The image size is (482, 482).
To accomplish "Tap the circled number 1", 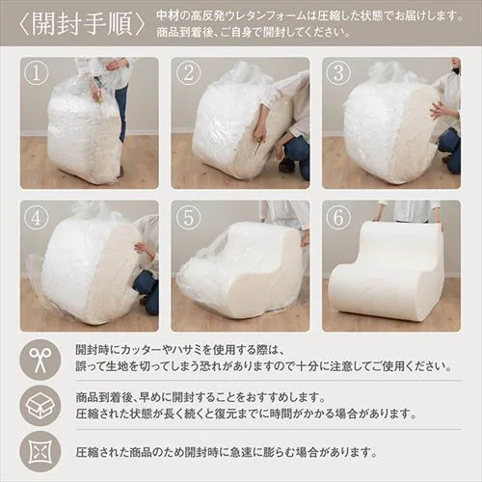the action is tap(36, 74).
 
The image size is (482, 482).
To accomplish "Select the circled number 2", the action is tap(188, 73).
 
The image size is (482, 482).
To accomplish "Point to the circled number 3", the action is tap(338, 73).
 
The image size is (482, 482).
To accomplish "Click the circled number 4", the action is tap(36, 218).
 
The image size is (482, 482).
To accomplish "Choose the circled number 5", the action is tap(188, 218).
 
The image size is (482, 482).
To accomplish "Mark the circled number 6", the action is tap(338, 218).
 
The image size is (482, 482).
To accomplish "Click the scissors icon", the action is tap(40, 360).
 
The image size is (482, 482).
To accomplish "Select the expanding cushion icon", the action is tap(40, 452).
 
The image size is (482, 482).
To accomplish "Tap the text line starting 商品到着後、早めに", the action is tap(200, 398).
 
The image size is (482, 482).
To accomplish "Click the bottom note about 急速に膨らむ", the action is tap(227, 452).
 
